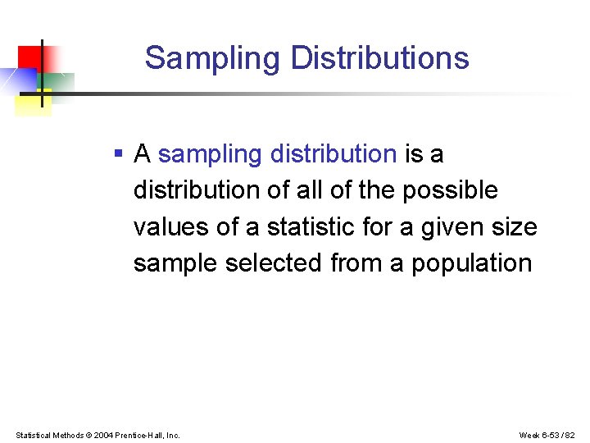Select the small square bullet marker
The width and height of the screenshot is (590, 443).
119,153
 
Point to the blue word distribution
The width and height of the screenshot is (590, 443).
334,153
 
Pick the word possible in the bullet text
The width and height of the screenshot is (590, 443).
450,190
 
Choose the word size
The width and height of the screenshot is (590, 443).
515,226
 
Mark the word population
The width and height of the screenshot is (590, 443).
471,263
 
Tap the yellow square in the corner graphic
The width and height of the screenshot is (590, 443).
33,103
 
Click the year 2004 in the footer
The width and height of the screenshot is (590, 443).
104,435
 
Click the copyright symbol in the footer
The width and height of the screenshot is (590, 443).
88,435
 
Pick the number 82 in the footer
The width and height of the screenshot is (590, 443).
571,435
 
